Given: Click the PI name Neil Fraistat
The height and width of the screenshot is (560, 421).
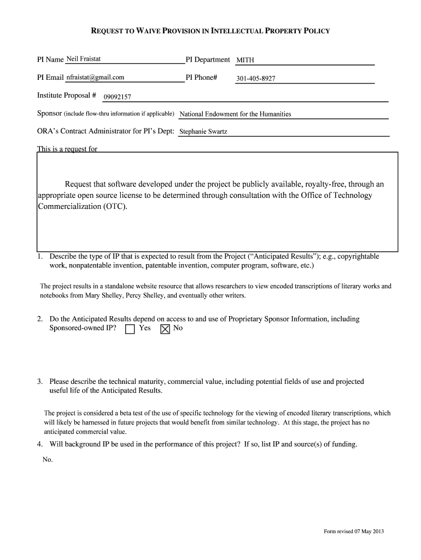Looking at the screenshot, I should [83, 59].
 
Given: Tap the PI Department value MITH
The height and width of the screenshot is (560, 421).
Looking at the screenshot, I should [245, 60].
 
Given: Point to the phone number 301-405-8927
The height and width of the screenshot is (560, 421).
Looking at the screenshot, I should [255, 79].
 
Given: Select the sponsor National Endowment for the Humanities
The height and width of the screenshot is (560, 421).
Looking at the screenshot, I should [235, 114].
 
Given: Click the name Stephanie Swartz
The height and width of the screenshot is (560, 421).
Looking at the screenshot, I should [202, 132].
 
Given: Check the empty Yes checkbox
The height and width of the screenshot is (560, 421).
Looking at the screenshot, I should [130, 329].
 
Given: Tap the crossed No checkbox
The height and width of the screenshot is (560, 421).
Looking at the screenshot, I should [165, 329].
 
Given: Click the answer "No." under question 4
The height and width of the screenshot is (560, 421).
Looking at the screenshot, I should [48, 459].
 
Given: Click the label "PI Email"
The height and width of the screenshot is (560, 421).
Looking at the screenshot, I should [50, 78].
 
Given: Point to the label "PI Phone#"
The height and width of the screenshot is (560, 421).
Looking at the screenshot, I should [202, 78].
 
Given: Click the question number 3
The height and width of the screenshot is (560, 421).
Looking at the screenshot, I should [40, 381].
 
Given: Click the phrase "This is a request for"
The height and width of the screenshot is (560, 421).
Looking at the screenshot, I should [67, 149].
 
